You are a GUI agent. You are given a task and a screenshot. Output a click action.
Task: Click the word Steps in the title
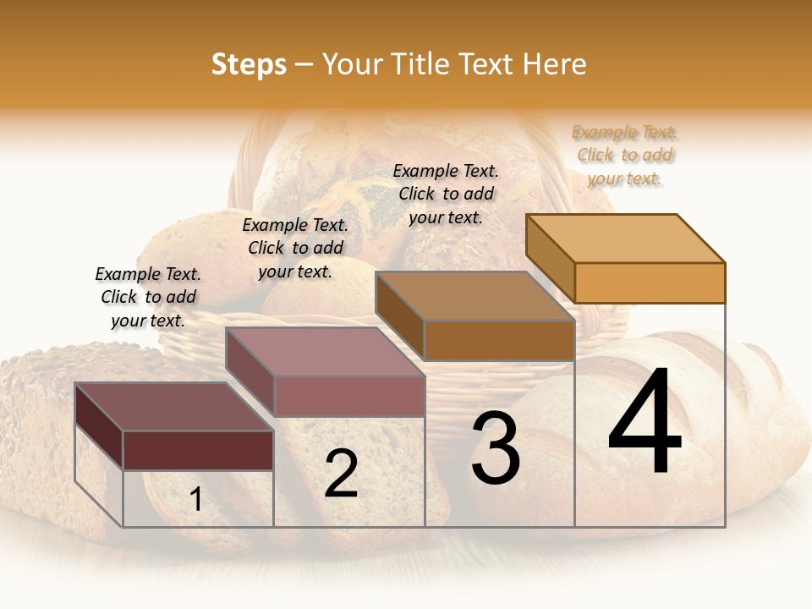[x=249, y=64]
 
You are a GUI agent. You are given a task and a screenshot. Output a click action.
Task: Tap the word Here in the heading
[x=554, y=64]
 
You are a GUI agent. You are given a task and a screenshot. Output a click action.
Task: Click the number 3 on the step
[x=495, y=448]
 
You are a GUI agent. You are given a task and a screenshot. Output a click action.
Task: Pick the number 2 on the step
[x=341, y=474]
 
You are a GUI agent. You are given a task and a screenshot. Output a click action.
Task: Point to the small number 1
[x=195, y=500]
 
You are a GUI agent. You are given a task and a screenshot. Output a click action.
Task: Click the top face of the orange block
[x=626, y=239]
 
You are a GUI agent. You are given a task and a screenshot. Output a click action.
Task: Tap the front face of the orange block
[x=650, y=283]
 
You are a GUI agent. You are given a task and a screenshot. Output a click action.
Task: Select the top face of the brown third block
[x=475, y=296]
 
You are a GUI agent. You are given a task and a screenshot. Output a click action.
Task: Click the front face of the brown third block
[x=499, y=341]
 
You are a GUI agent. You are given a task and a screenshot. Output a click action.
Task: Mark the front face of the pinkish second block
[x=348, y=396]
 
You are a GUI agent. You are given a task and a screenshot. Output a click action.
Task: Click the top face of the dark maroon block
[x=174, y=407]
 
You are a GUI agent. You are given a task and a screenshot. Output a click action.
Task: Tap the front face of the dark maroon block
[x=198, y=450]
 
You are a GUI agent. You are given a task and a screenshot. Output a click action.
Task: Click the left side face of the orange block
[x=550, y=258]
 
